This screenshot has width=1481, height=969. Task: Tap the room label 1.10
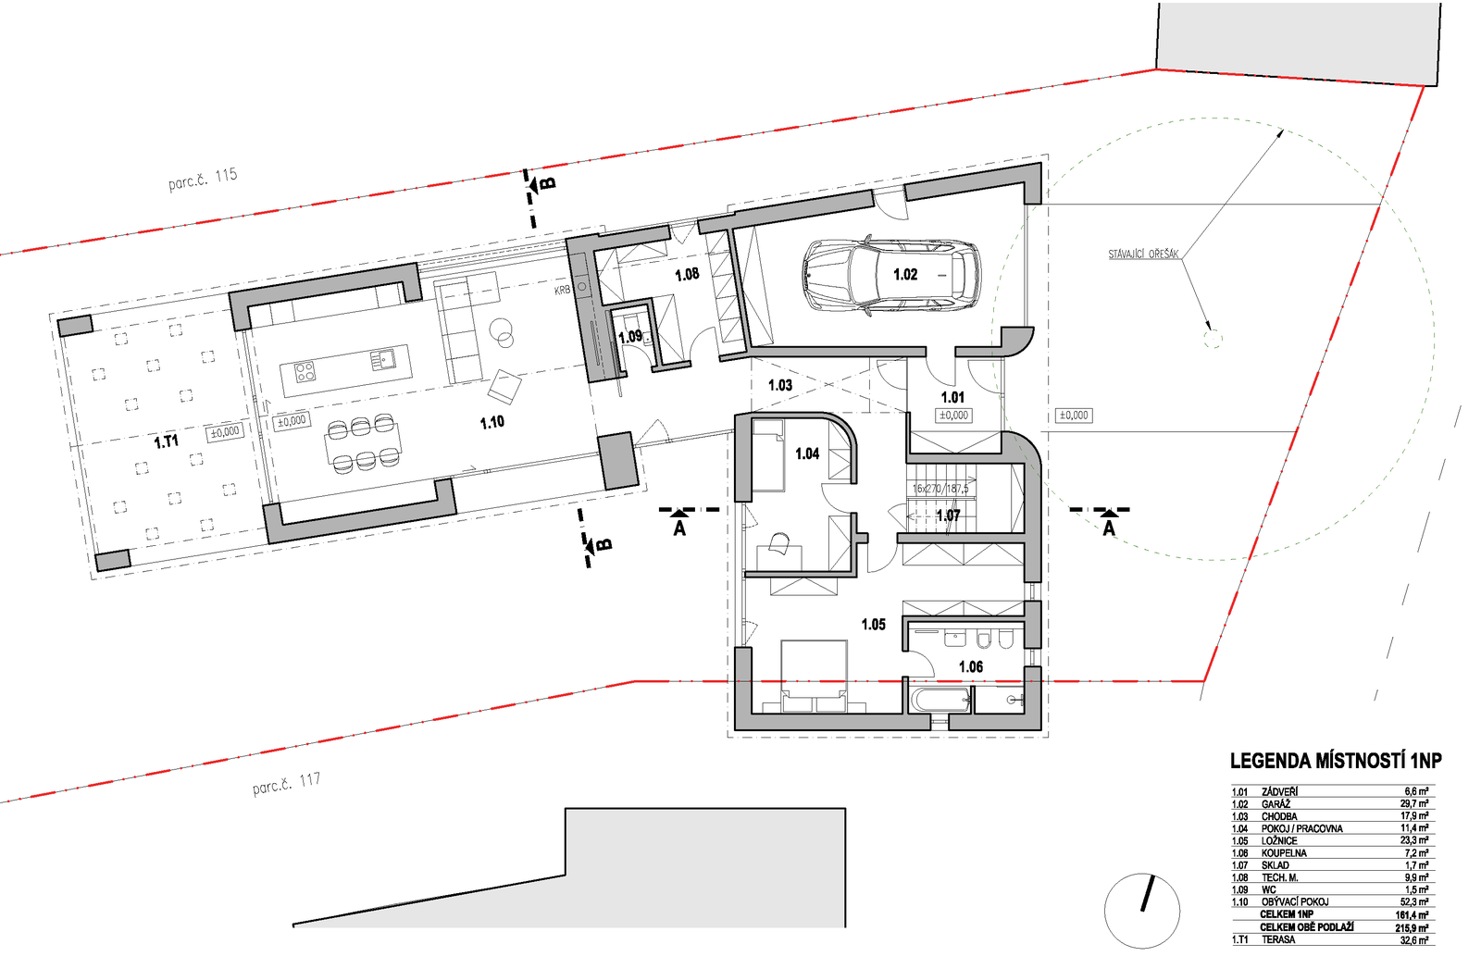point(492,422)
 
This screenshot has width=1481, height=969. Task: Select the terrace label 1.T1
point(167,441)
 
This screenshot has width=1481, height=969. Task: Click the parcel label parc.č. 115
point(203,179)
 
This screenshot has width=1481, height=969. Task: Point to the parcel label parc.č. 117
point(286,784)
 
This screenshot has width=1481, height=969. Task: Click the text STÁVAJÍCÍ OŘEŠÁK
point(1143,254)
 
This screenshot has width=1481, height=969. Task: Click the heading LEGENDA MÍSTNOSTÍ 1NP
point(1335,761)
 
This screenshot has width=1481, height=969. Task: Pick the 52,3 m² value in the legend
point(1413,901)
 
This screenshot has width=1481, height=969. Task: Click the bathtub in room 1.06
point(940,700)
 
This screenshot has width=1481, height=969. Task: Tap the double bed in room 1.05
point(815,676)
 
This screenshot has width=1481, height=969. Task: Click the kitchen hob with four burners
point(305,372)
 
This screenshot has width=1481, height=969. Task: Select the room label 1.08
point(687,275)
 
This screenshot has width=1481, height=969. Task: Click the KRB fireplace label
point(562,291)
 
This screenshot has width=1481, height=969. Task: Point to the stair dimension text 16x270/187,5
point(940,488)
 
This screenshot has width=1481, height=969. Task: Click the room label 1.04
point(807,453)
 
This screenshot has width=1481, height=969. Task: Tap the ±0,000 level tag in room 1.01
point(953,416)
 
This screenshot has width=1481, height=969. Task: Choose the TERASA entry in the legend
point(1278,939)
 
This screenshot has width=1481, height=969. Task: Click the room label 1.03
point(780,385)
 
